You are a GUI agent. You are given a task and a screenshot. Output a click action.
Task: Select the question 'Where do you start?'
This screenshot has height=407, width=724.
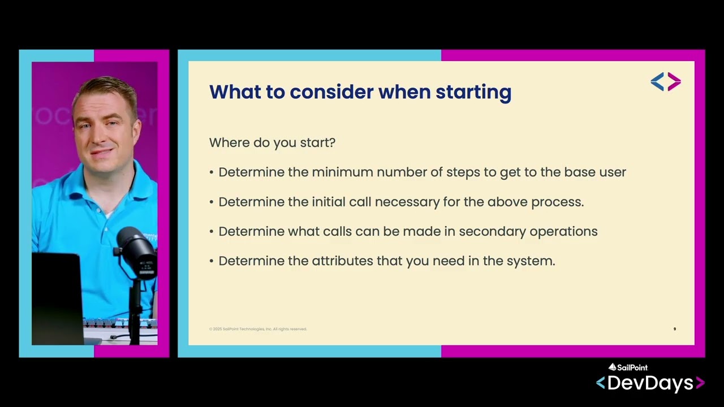272,142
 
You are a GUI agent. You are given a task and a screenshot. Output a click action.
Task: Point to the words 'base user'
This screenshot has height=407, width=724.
594,172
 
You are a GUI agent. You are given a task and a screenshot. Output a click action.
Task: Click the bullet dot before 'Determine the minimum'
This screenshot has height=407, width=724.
212,172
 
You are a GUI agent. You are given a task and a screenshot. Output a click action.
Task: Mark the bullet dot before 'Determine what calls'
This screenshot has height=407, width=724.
212,232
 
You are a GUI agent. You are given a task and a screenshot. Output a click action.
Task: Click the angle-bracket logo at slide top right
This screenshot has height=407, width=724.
666,81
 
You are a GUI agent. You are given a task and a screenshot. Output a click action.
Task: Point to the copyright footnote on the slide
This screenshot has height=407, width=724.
258,329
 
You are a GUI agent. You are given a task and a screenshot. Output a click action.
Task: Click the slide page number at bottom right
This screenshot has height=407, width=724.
674,329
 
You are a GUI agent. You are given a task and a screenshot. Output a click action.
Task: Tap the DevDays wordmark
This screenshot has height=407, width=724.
650,383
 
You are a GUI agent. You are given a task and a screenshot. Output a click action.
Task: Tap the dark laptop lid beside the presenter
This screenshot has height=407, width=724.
57,297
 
